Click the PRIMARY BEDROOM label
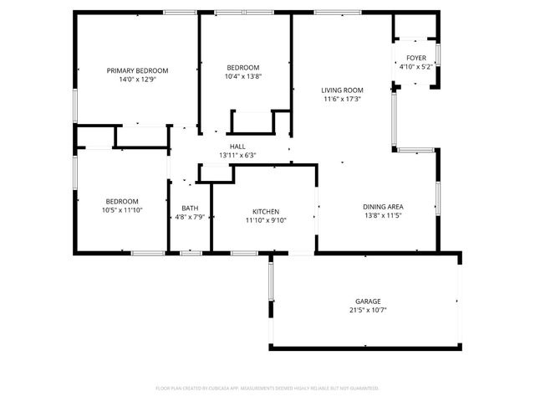138,70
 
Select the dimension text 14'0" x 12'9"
138,80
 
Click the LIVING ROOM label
342,90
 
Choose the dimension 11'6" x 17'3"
342,99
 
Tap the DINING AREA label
384,207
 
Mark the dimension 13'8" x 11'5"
384,216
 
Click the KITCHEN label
266,212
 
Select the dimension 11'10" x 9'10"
266,221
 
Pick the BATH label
190,209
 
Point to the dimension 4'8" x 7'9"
190,218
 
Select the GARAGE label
368,301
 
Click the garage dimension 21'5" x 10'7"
368,310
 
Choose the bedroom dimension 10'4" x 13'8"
243,77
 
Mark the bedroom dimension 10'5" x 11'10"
122,210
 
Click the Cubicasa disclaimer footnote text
267,389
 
